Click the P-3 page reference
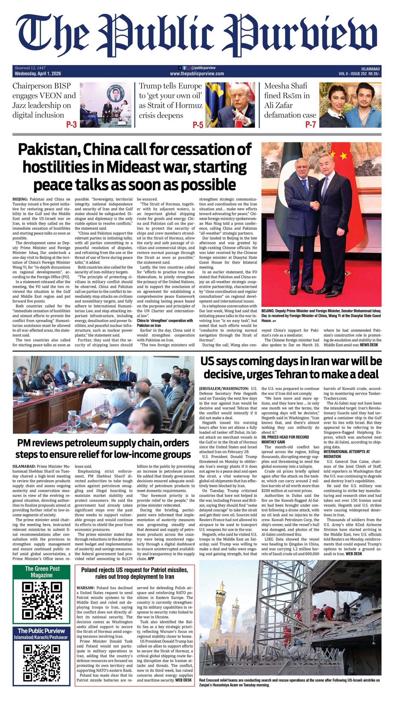[x=71, y=125]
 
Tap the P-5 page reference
[x=198, y=125]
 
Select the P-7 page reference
[x=310, y=125]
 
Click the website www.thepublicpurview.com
[x=197, y=74]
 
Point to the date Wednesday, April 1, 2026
[x=38, y=74]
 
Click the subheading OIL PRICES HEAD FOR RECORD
[x=285, y=437]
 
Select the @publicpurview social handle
[x=203, y=68]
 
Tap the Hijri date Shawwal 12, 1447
[x=30, y=68]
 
